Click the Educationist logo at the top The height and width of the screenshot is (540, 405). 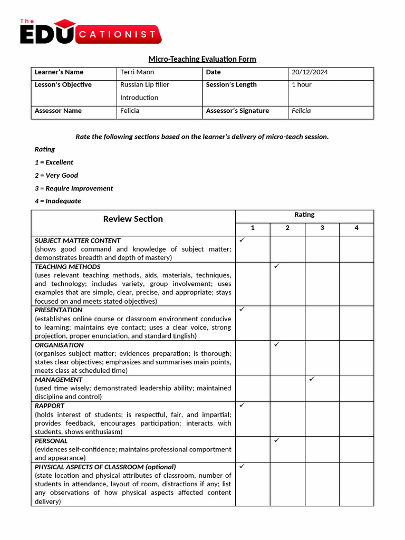pyautogui.click(x=90, y=32)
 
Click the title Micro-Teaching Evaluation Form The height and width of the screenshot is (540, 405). pyautogui.click(x=202, y=59)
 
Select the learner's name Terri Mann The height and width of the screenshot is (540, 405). pyautogui.click(x=137, y=72)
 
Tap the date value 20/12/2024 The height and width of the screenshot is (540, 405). pyautogui.click(x=310, y=72)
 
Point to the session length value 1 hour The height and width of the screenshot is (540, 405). pyautogui.click(x=302, y=85)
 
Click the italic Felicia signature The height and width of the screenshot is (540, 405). pyautogui.click(x=301, y=111)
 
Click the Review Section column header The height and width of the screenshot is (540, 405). pyautogui.click(x=133, y=219)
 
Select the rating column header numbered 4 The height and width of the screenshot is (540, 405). pyautogui.click(x=356, y=228)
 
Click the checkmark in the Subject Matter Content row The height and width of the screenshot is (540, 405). pyautogui.click(x=242, y=240)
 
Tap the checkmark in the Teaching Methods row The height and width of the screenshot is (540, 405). pyautogui.click(x=277, y=266)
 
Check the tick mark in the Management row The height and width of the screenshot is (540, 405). pyautogui.click(x=312, y=379)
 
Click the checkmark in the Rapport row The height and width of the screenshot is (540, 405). pyautogui.click(x=242, y=405)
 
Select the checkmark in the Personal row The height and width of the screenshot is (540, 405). pyautogui.click(x=277, y=440)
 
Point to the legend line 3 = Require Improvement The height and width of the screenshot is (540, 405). pyautogui.click(x=74, y=188)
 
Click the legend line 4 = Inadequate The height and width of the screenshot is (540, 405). pyautogui.click(x=58, y=201)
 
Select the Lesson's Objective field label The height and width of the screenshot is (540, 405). pyautogui.click(x=63, y=85)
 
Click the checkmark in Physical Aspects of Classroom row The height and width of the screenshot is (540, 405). pyautogui.click(x=242, y=466)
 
